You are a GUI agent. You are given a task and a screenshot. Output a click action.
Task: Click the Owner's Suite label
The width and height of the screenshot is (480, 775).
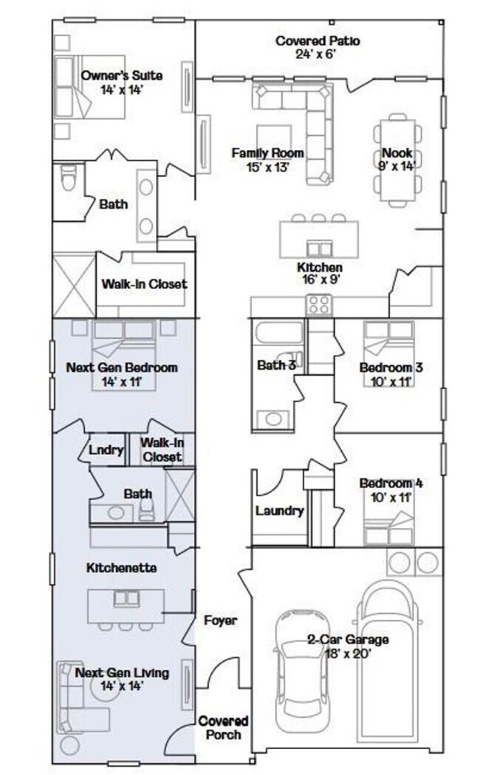(121, 75)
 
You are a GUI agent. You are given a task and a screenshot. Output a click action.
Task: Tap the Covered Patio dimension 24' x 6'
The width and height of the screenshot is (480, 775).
(318, 54)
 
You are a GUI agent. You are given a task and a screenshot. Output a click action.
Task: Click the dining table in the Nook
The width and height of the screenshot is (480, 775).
(398, 157)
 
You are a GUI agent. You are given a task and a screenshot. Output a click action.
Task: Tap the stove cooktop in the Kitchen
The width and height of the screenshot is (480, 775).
(318, 304)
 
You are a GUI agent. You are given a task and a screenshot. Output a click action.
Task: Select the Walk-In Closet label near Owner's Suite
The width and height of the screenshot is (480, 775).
(144, 284)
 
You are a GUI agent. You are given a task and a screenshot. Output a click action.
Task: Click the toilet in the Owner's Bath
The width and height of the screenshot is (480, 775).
(68, 178)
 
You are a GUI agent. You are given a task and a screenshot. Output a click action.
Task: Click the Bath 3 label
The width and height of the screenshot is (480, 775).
(278, 365)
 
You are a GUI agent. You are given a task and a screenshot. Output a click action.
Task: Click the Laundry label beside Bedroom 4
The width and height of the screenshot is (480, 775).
(279, 511)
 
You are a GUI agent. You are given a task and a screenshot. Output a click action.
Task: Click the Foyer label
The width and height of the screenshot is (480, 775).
(220, 620)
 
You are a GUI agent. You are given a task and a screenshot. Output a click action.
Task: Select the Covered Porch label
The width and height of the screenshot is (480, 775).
(223, 728)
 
